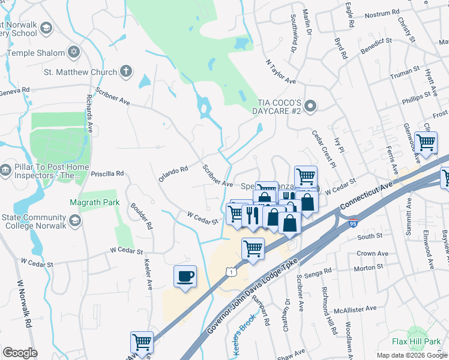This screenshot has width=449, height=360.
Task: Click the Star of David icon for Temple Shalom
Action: pos(74,52)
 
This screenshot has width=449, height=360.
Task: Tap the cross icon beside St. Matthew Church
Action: pos(125,72)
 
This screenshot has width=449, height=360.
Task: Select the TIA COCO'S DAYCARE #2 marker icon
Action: pos(310,107)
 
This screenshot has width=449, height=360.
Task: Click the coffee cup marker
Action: pos(185,277)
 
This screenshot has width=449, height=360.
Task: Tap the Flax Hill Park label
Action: pos(417,341)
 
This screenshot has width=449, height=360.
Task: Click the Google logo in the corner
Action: pos(20,353)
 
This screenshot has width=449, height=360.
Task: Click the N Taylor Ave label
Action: pos(280,71)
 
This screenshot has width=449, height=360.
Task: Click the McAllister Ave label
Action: pos(355,309)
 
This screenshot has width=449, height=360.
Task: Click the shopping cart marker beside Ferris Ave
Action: pos(426,143)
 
